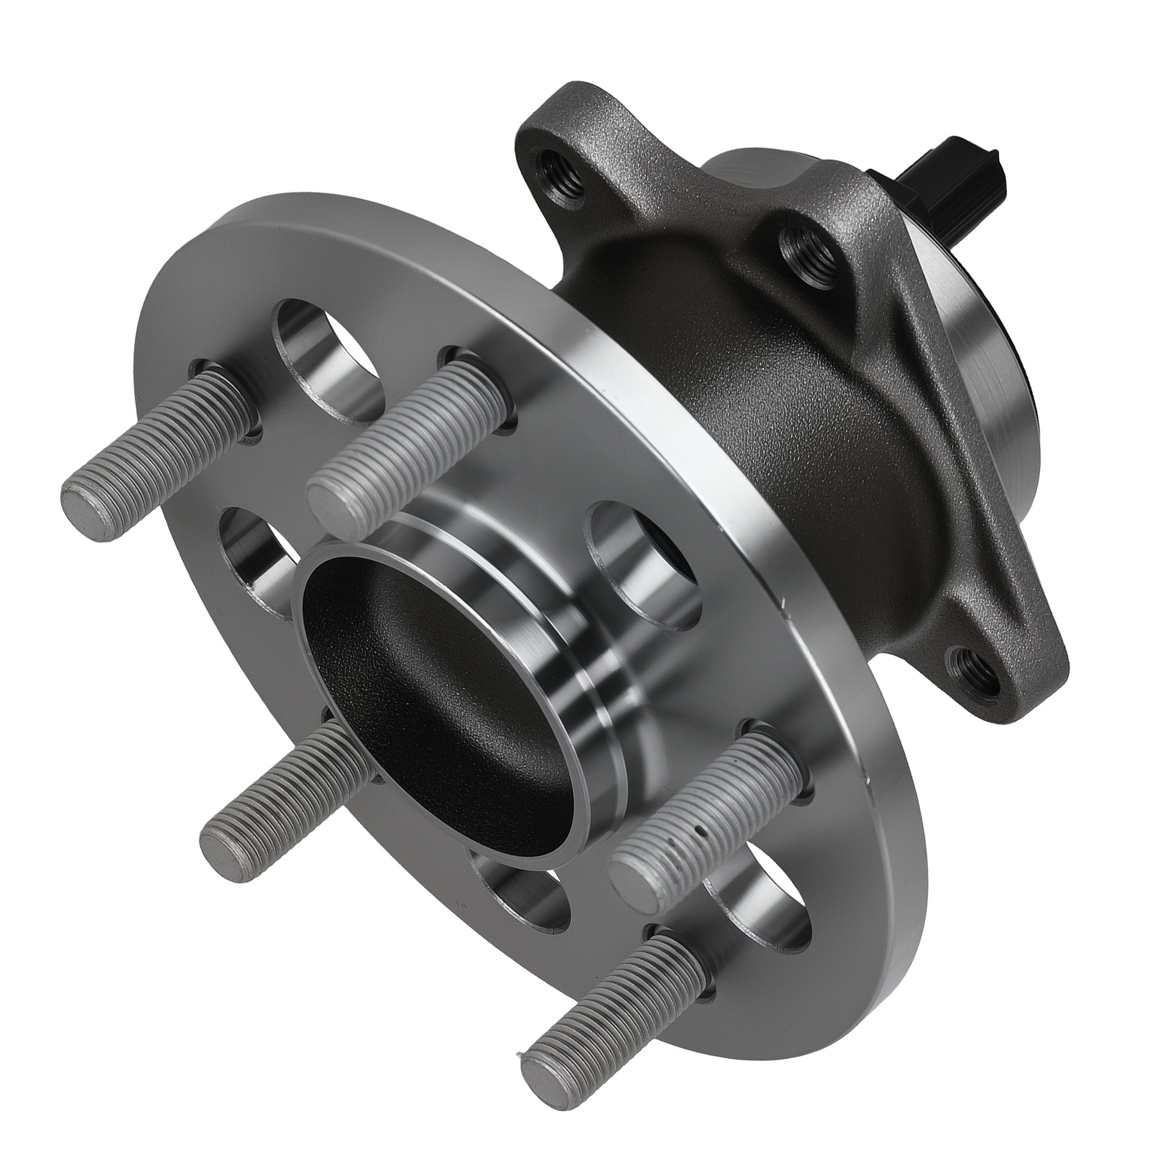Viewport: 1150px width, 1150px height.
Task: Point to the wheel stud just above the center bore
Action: pos(402,435)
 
